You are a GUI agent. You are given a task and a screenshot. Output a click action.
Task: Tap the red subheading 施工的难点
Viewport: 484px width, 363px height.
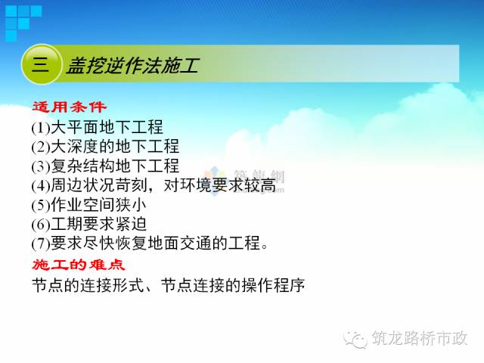[78, 265]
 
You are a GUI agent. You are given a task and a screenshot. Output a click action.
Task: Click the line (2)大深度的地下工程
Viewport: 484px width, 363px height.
[105, 146]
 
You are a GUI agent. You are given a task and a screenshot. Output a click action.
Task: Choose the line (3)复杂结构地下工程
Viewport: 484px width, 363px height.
[105, 166]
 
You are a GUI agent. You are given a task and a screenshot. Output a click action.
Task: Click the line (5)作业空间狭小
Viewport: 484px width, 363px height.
[89, 205]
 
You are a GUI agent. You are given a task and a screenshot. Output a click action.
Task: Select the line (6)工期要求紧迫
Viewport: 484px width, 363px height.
[89, 225]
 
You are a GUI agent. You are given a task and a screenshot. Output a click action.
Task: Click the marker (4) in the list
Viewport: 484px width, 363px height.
[41, 185]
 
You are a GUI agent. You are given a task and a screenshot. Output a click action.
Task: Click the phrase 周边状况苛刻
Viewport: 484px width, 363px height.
[97, 185]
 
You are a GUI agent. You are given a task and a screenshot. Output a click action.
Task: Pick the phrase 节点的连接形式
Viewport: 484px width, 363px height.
[82, 286]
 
